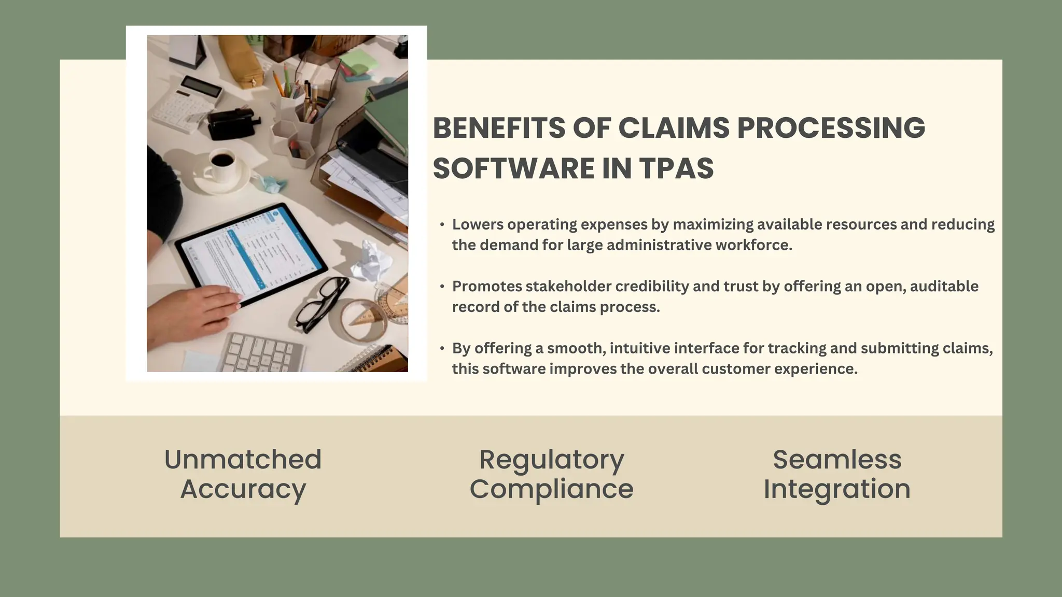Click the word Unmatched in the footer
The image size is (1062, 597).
tap(243, 459)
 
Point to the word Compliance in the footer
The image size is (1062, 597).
tap(551, 489)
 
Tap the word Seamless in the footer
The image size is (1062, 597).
tap(837, 459)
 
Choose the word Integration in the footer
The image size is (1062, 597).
tap(837, 489)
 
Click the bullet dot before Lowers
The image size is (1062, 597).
tap(442, 225)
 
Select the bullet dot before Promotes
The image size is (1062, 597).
tap(442, 287)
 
